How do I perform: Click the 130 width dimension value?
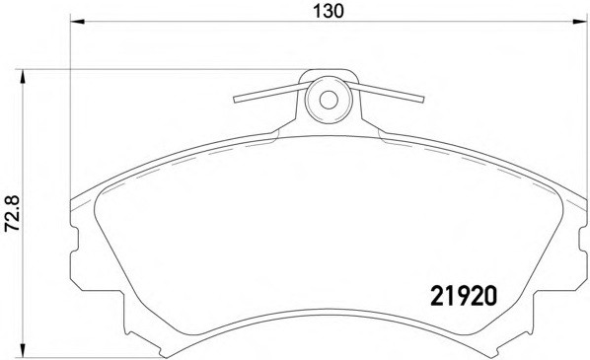(x=328, y=12)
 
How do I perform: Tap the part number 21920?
(x=463, y=295)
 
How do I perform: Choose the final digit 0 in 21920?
(x=488, y=295)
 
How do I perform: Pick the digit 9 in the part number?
(x=463, y=295)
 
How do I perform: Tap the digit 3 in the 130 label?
(x=328, y=12)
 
